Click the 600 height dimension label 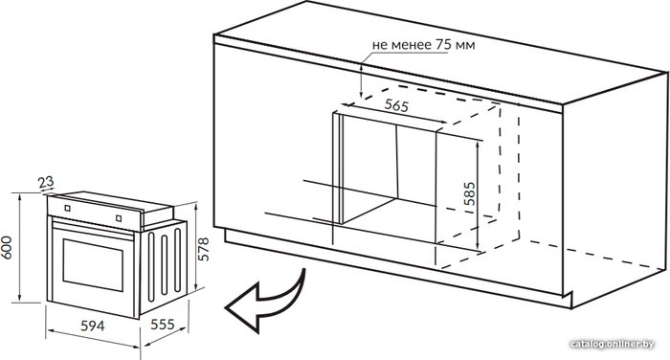point(7,248)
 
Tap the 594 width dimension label point(93,326)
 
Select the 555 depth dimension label point(163,325)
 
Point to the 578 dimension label point(204,249)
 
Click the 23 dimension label point(46,183)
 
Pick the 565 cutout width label point(396,105)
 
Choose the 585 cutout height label point(469,193)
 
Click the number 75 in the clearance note point(443,44)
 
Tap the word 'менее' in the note point(412,45)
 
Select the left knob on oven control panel point(68,208)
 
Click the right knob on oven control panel point(119,218)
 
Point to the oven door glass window point(93,265)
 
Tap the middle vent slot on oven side point(164,265)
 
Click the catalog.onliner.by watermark point(613,344)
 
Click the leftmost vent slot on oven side point(151,267)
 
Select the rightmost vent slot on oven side point(177,260)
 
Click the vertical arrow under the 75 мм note point(362,80)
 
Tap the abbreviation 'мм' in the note point(465,45)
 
